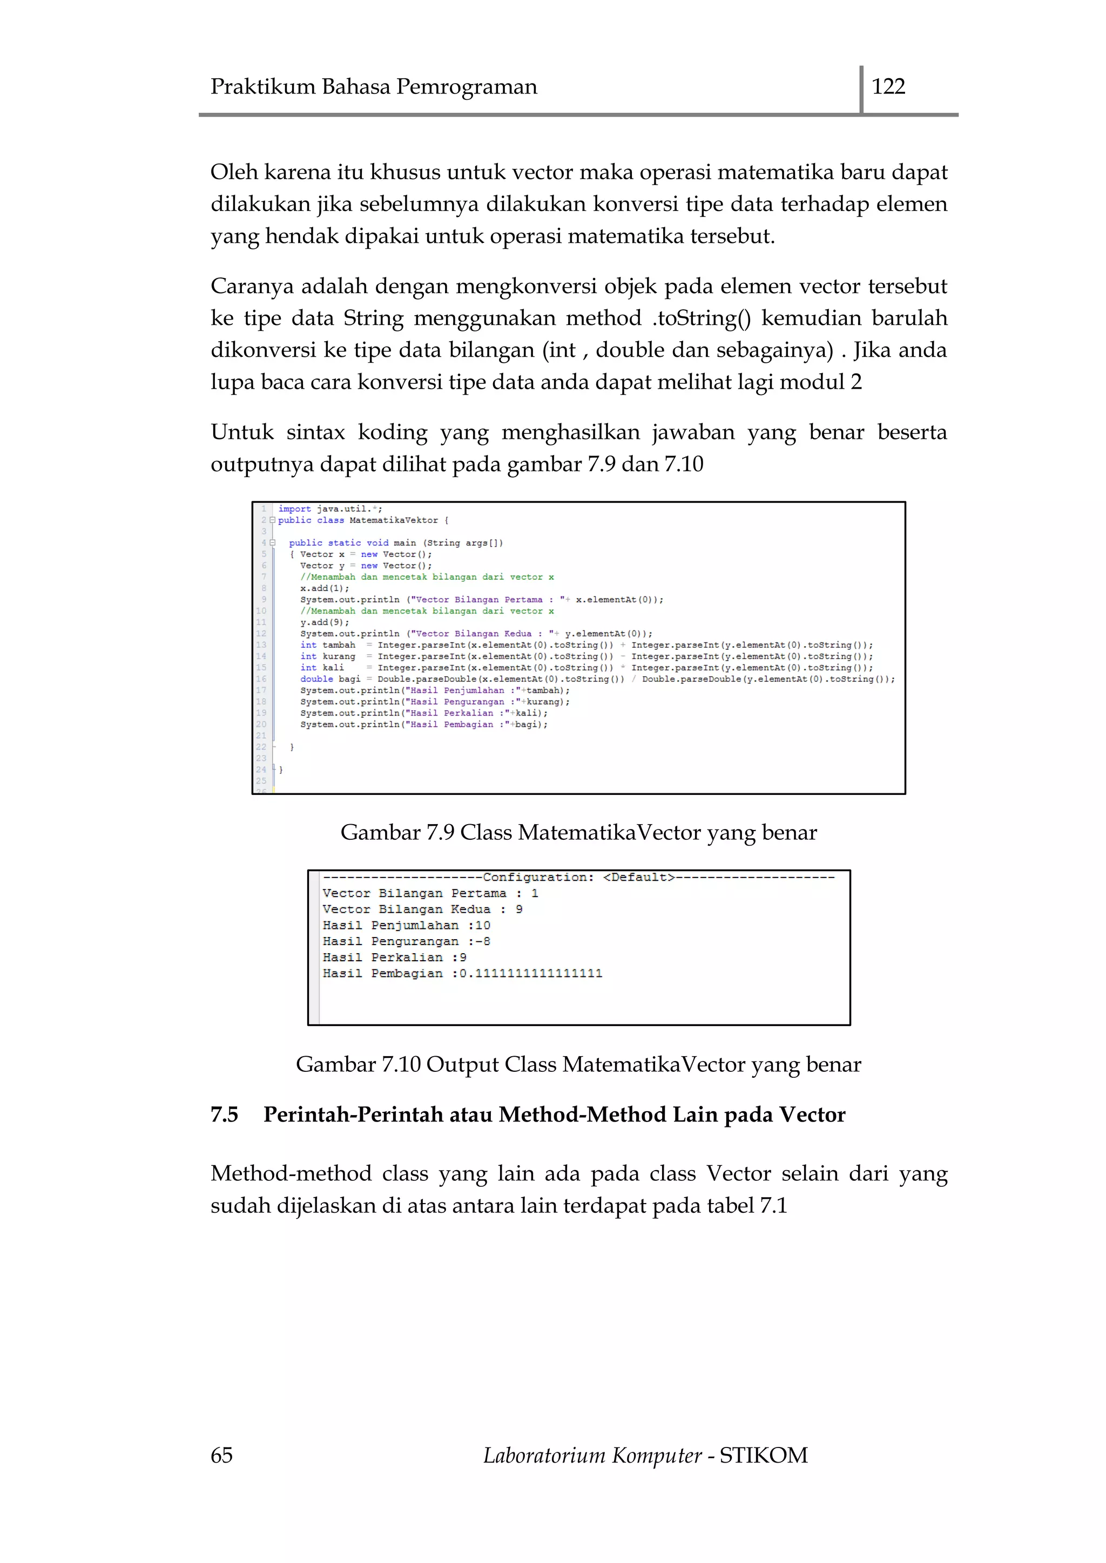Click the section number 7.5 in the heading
coord(224,1115)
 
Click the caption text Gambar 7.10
coord(358,1064)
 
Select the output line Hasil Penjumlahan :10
coord(406,925)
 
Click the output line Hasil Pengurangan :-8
coord(406,941)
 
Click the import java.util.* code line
coord(331,508)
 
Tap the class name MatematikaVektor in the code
coord(393,520)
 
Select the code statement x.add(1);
coord(324,588)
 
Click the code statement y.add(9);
coord(324,622)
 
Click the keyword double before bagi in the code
coord(316,679)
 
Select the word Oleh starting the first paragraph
coord(234,172)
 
